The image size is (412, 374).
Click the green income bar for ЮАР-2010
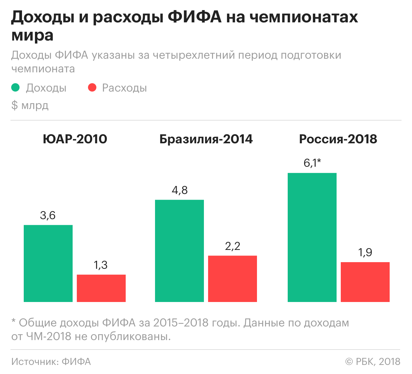pos(48,263)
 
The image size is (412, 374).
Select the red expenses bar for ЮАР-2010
pos(101,288)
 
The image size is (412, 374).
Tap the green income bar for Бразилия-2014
pos(179,251)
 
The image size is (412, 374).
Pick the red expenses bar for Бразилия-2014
pos(233,279)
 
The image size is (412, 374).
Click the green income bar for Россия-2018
pos(312,237)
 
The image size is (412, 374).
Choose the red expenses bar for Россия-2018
pos(365,282)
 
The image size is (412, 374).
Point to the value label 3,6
pos(48,215)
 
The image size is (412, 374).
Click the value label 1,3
pos(101,265)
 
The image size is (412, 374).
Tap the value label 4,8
pos(179,190)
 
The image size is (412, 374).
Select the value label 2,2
pos(233,246)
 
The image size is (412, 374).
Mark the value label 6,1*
pos(312,163)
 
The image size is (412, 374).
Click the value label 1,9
pos(365,252)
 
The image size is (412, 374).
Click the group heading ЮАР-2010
pos(75,139)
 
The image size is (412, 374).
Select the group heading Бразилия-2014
pos(206,139)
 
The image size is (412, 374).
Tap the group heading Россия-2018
pos(338,139)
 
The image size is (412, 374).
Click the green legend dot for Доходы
pos(15,88)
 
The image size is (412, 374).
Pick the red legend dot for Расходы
pos(92,88)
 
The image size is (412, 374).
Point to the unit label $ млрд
pos(30,105)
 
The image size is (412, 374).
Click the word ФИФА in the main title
pos(194,17)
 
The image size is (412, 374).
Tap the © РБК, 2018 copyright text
pos(373,361)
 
